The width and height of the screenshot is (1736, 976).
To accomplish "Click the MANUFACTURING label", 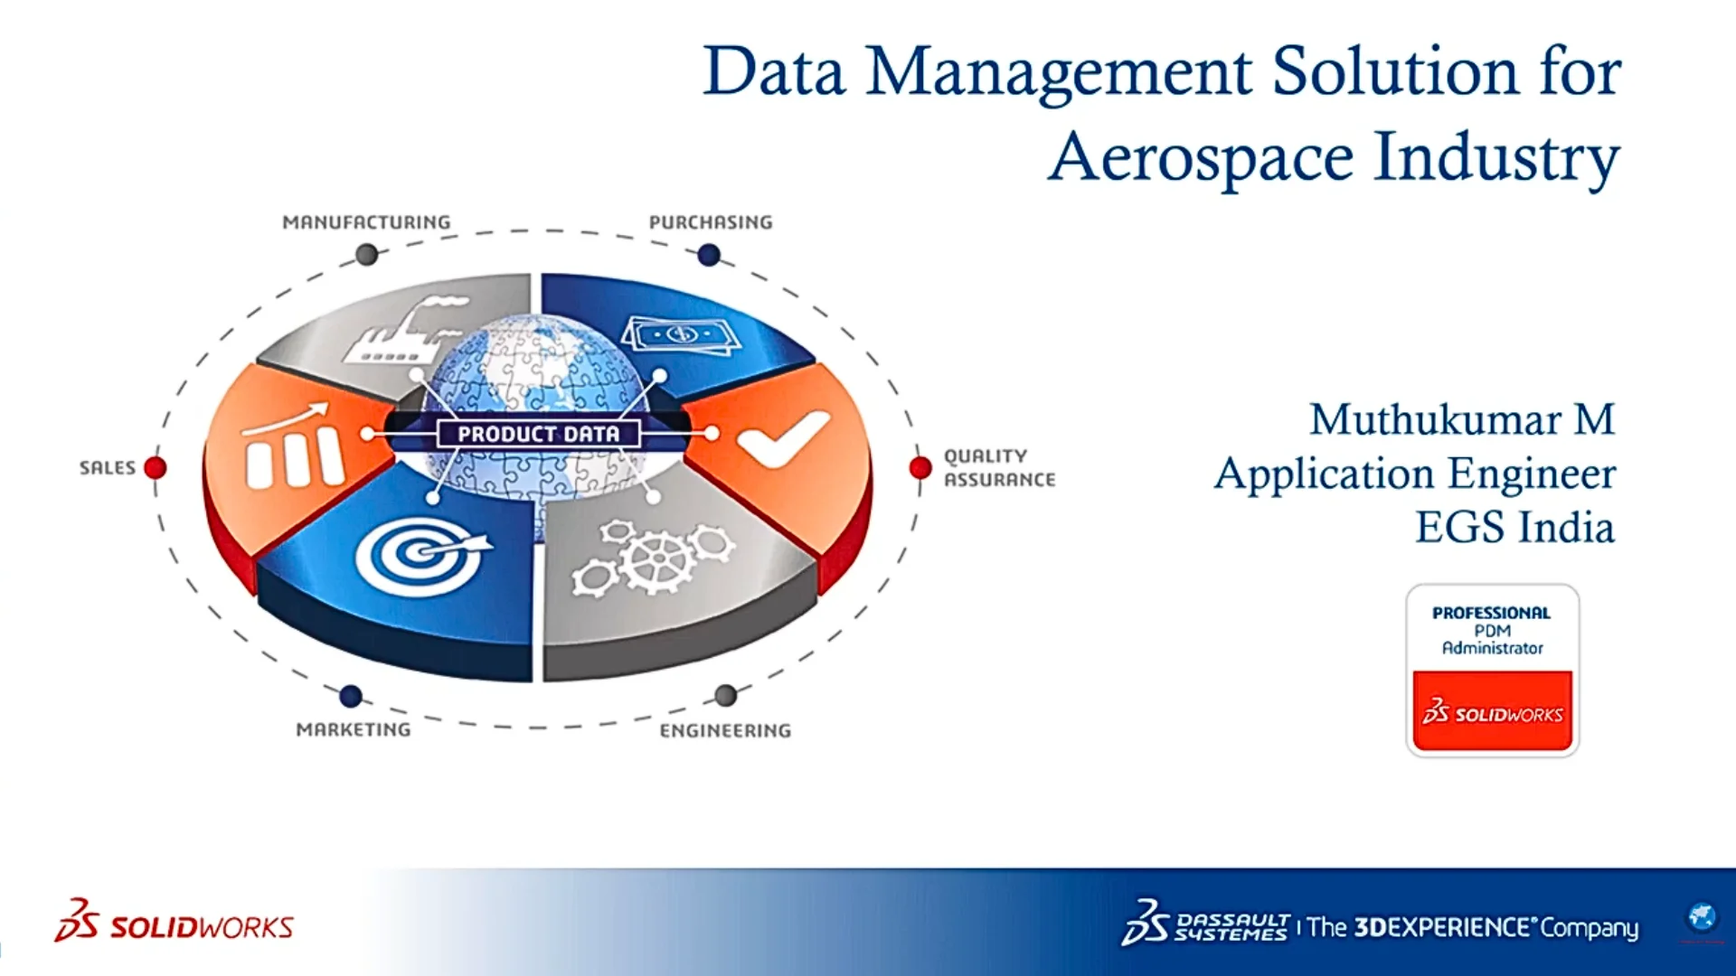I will [366, 222].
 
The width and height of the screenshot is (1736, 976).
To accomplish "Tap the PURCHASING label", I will [711, 222].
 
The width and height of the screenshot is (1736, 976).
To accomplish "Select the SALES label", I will [107, 468].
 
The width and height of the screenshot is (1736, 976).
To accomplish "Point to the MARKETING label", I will [354, 730].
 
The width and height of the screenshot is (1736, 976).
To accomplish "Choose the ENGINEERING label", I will [725, 731].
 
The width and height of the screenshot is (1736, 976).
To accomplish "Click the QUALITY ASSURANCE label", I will [999, 468].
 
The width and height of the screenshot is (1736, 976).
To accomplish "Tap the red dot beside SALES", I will [156, 468].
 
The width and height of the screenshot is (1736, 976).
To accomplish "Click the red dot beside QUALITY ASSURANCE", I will [920, 468].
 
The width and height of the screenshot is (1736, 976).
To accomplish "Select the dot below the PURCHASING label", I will [709, 256].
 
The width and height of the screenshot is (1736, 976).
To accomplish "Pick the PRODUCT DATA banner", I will [538, 434].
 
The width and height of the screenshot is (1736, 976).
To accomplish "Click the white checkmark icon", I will [782, 438].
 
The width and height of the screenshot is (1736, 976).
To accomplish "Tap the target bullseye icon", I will [420, 554].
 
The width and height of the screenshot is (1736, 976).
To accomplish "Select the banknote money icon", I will [681, 335].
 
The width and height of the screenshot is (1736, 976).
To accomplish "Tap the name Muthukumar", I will [1435, 420].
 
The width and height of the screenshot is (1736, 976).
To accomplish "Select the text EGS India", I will [1514, 528].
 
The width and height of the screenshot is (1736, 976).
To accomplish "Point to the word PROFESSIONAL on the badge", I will [1491, 613].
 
